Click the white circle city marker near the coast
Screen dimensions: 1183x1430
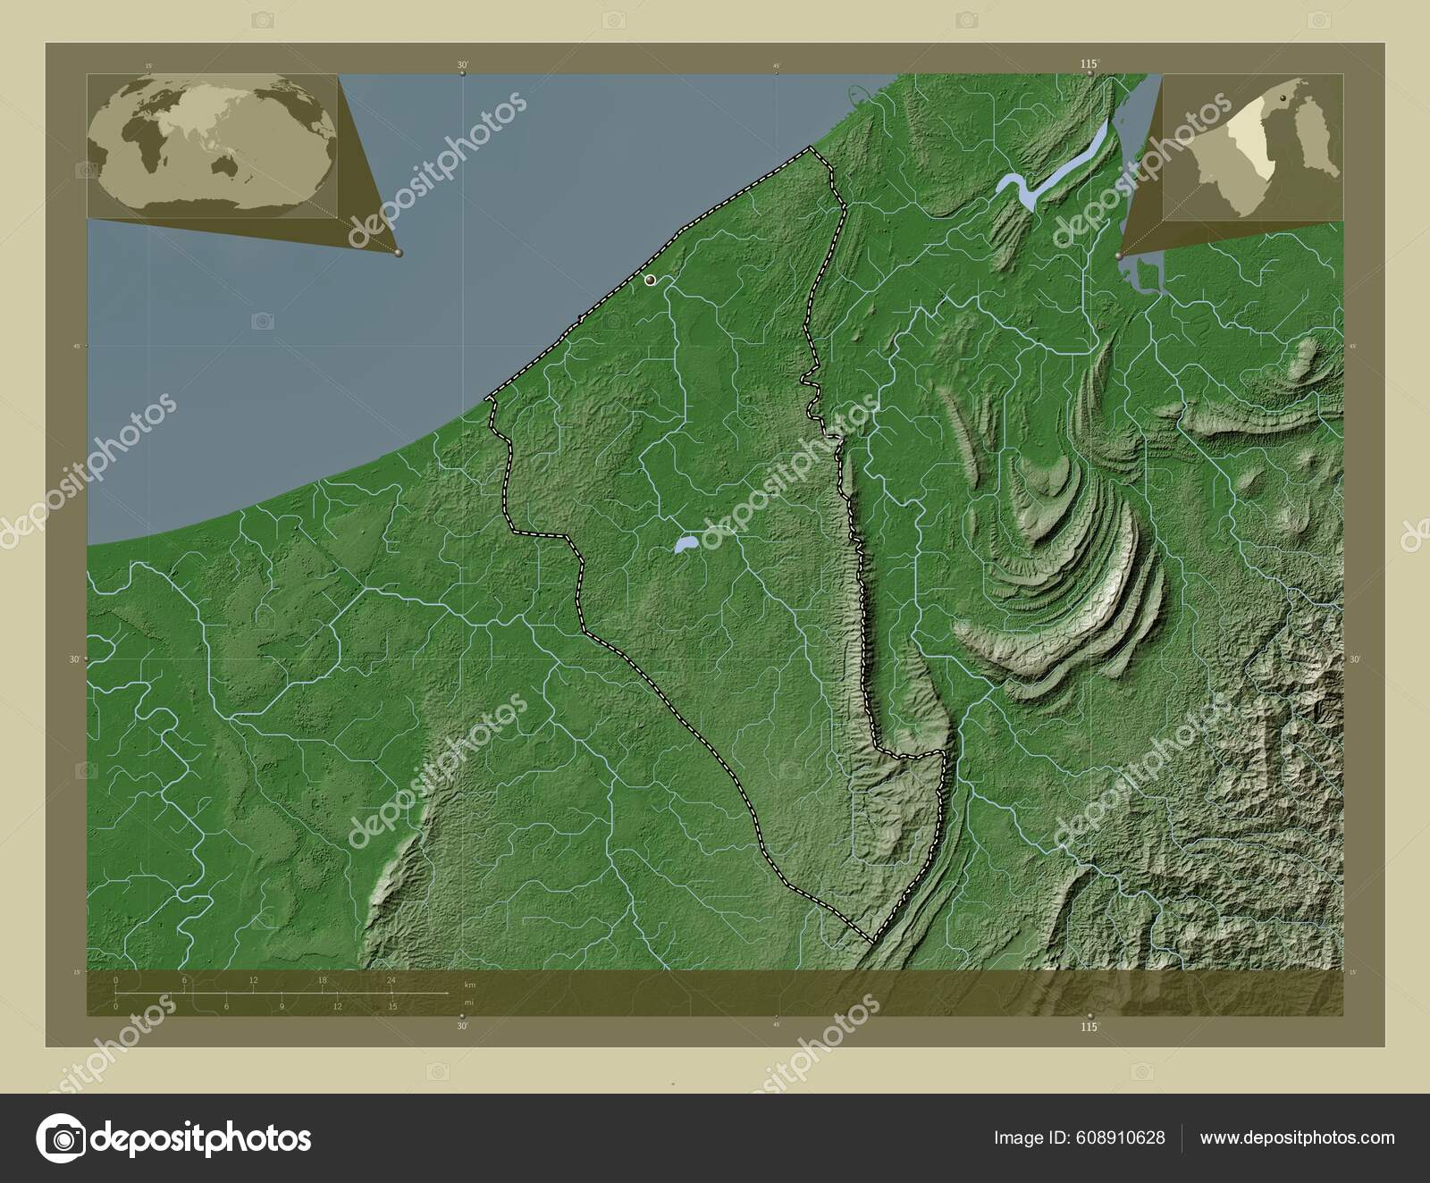tap(651, 281)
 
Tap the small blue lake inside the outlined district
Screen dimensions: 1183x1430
tap(686, 543)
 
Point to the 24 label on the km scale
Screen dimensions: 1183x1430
tap(391, 980)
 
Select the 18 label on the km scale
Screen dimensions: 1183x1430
tap(322, 980)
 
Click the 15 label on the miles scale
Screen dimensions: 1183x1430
tap(392, 1006)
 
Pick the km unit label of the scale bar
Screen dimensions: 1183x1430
tap(469, 984)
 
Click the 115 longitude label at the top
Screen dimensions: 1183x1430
tap(1088, 64)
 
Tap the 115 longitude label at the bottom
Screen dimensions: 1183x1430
tap(1088, 1028)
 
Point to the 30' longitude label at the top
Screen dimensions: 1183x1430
tap(462, 64)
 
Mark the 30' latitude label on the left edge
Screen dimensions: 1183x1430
tap(76, 659)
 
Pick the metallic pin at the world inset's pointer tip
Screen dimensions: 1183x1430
tap(399, 254)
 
